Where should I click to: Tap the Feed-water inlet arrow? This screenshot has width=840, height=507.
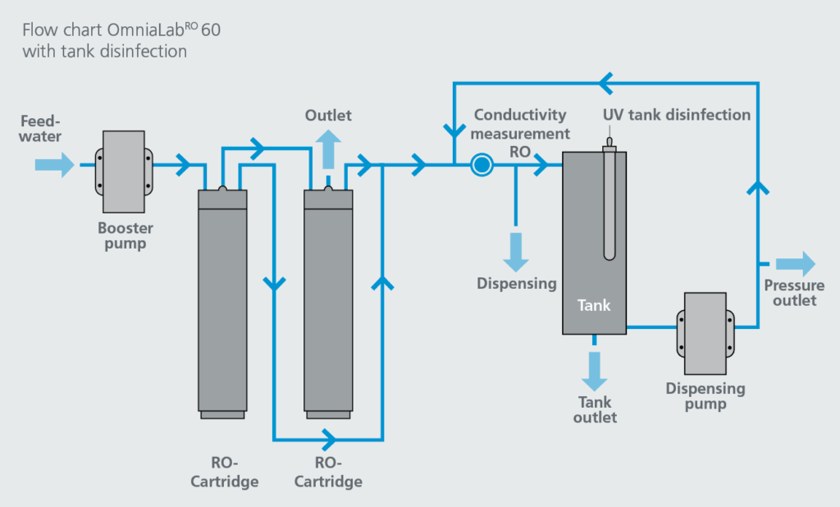(54, 165)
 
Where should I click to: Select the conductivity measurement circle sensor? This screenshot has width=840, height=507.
(482, 166)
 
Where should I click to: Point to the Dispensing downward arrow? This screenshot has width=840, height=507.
(516, 249)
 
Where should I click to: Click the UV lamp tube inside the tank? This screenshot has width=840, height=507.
(610, 205)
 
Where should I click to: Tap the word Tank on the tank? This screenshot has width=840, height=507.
(594, 305)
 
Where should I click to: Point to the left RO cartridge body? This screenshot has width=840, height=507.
(222, 304)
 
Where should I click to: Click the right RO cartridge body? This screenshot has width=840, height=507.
(328, 304)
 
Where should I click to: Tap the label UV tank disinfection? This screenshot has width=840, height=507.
(677, 115)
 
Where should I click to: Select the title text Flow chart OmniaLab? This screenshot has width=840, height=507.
(121, 31)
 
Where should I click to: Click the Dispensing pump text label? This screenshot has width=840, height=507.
(705, 395)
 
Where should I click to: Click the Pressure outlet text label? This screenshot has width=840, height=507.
(794, 293)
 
